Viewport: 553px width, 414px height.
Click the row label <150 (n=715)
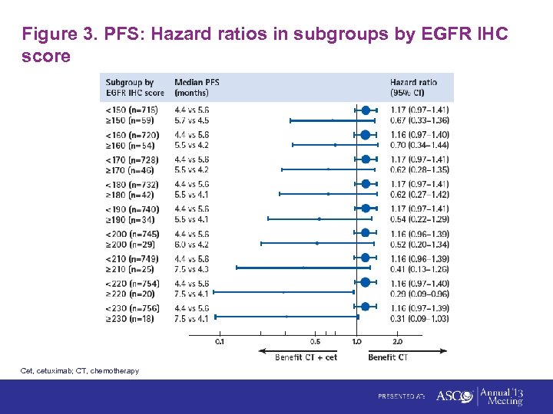pos(131,110)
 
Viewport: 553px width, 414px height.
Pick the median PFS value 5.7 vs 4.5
pos(191,120)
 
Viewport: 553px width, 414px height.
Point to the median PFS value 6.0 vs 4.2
pos(191,244)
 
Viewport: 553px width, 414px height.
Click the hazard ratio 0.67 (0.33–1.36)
pos(419,120)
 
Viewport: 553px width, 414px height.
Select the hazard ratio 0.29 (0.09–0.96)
pos(419,294)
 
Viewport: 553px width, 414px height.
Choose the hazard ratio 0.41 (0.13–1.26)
pos(419,269)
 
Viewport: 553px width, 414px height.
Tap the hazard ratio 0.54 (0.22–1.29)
pos(419,219)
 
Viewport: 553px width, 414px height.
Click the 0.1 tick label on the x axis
pos(220,342)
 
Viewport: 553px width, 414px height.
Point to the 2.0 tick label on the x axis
pos(398,342)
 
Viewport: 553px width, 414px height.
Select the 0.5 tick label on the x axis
pos(315,342)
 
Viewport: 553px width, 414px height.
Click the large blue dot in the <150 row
pos(366,110)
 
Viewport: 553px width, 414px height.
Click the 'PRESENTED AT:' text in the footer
pos(401,396)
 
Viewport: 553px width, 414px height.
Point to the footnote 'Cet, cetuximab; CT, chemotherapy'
pos(80,371)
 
